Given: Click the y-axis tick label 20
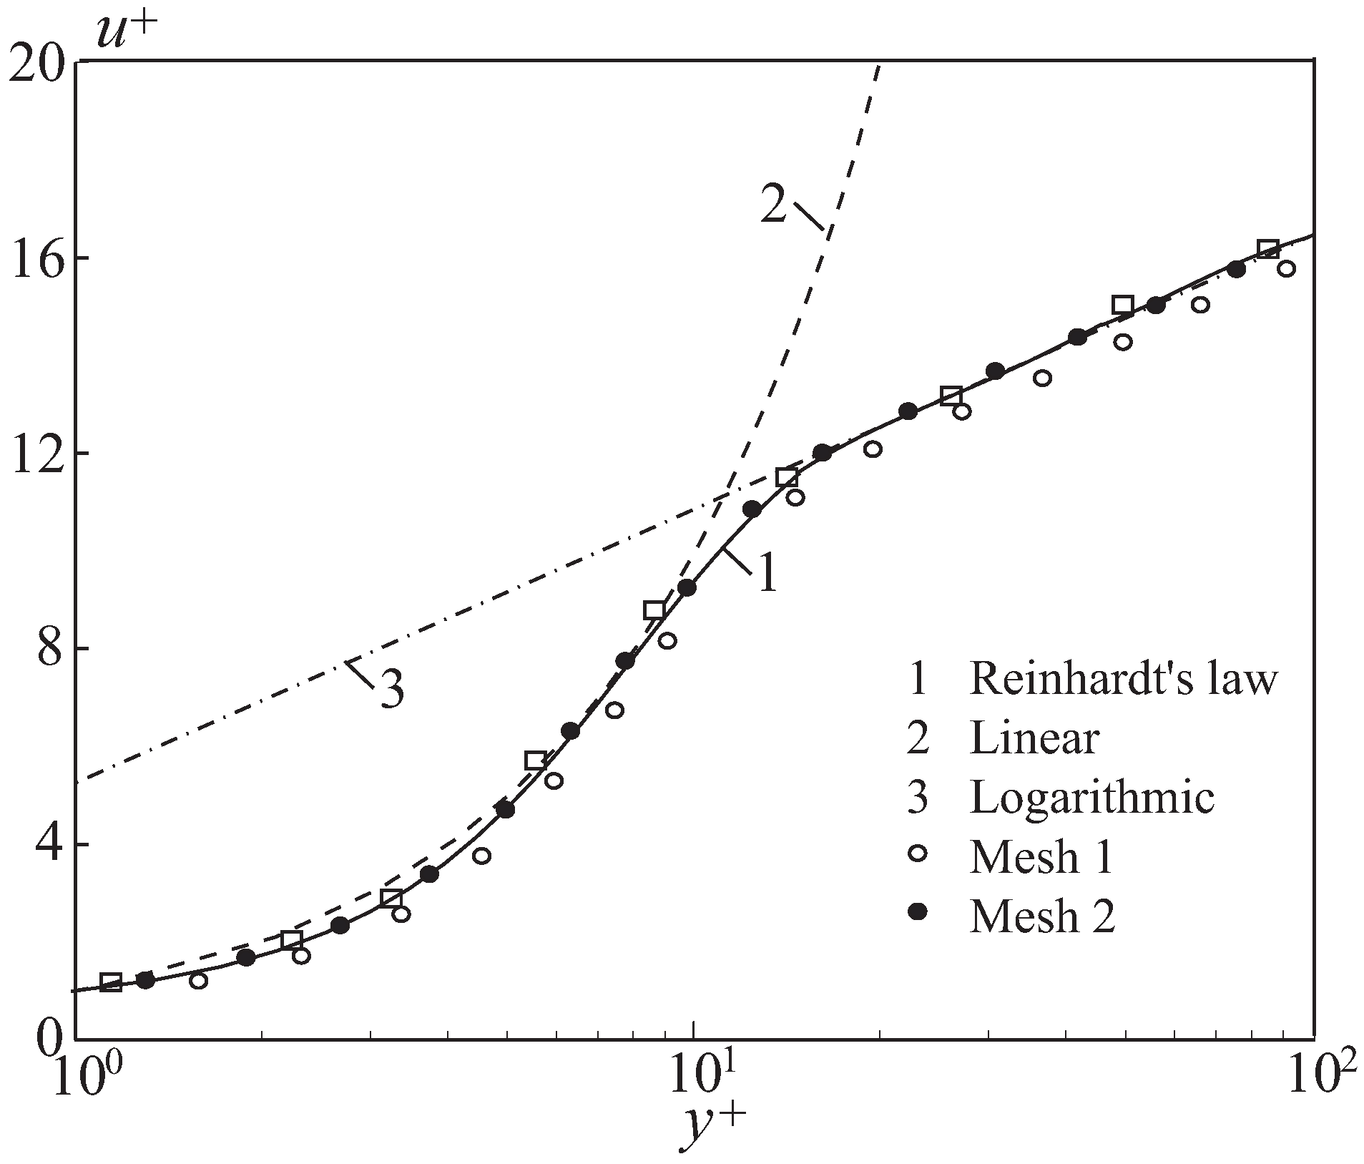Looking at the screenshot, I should coord(36,62).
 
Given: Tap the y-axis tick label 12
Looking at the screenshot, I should coord(35,453).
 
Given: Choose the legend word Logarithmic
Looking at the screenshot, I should coord(1092,796).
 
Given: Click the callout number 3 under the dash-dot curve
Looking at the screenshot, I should coord(391,692).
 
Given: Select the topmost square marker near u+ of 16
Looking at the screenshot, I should coord(1268,249).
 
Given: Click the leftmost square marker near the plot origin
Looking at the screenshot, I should coord(111,982).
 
